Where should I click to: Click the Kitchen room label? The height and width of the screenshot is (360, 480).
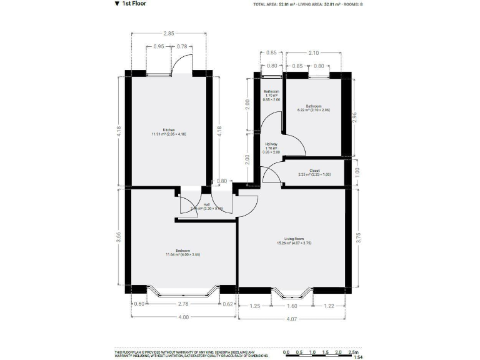168,130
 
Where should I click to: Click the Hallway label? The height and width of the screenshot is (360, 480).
271,145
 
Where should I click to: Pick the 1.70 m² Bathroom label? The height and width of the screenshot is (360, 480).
272,94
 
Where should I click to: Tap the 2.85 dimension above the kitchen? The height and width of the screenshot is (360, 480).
168,33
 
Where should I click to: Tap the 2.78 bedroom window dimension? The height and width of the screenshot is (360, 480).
183,304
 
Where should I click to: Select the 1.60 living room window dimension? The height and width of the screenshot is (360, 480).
291,307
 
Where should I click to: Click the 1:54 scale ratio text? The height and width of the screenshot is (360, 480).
358,357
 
